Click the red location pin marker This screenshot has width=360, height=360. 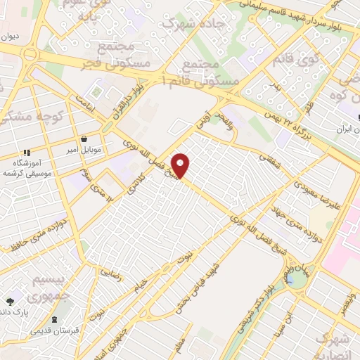[181, 165]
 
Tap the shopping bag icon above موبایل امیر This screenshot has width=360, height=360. [85, 139]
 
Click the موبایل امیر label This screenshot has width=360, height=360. [86, 150]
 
